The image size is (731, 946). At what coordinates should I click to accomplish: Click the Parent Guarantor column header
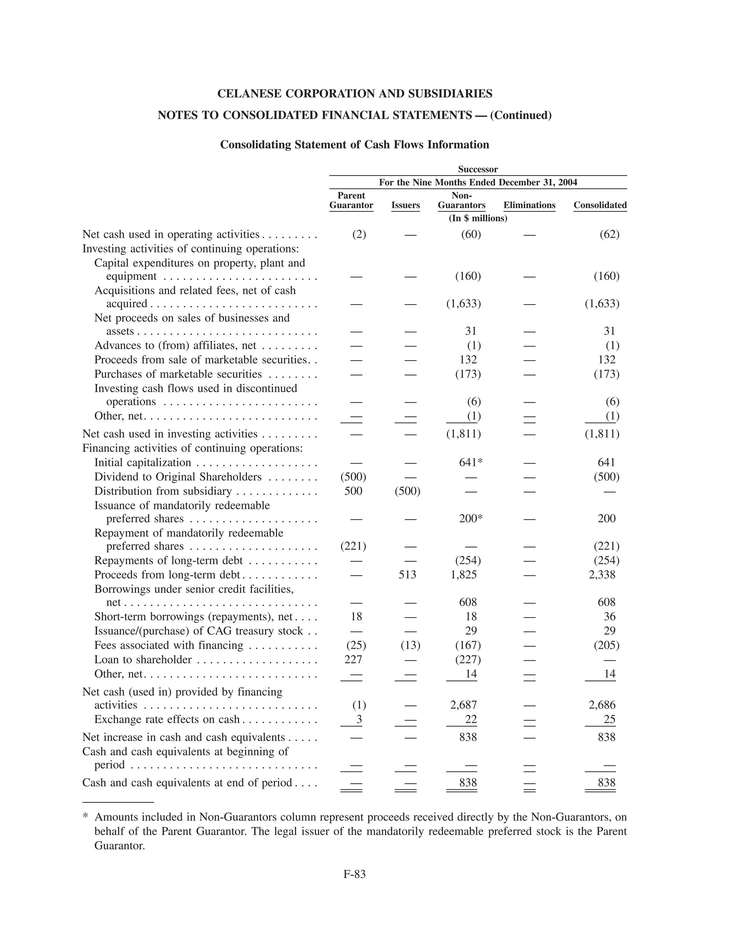(351, 200)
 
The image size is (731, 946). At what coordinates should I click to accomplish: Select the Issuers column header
(405, 205)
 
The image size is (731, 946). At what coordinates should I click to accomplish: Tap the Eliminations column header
(529, 205)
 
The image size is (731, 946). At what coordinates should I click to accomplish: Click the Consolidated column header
(600, 205)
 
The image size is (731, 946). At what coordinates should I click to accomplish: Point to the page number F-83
(354, 874)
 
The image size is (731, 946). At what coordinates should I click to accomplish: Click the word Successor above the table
(478, 169)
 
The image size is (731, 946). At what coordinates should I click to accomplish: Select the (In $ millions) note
(478, 218)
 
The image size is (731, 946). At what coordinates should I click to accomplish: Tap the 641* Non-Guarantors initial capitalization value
(471, 462)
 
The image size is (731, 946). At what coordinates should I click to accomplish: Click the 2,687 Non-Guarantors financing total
(463, 705)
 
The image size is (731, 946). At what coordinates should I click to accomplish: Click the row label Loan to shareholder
(143, 660)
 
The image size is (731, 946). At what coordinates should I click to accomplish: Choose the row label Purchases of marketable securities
(178, 374)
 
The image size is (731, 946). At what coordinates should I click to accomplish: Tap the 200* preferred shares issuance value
(471, 518)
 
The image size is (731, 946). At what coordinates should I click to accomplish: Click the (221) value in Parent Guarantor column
(353, 546)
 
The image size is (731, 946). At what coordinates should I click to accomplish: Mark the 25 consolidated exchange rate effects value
(609, 719)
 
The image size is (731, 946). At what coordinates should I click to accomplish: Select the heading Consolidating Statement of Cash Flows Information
(354, 145)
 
